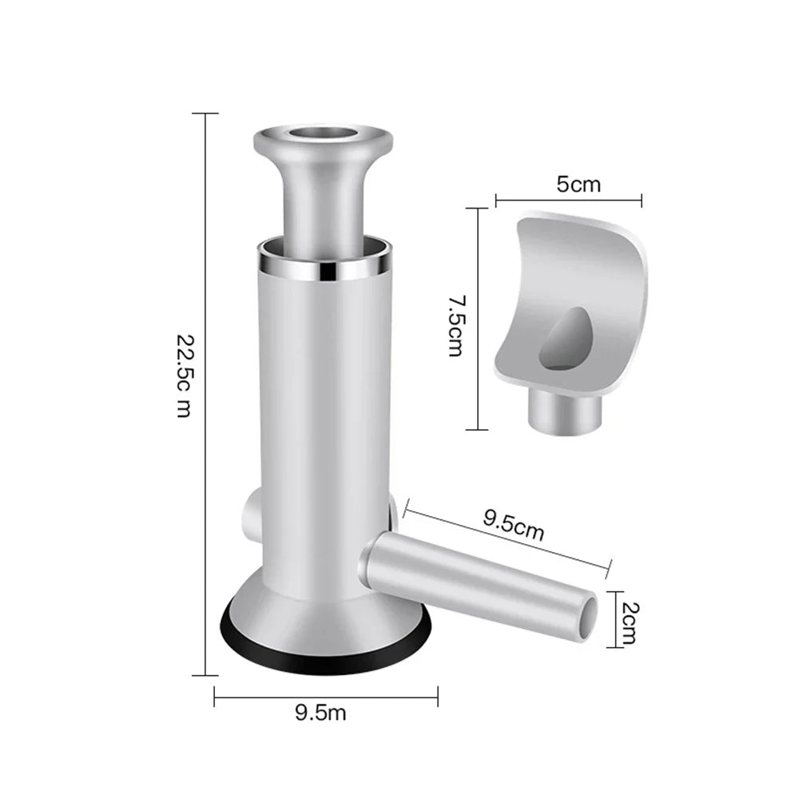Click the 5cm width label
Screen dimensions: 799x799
pos(578,184)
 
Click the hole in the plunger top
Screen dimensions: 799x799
pos(323,135)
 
